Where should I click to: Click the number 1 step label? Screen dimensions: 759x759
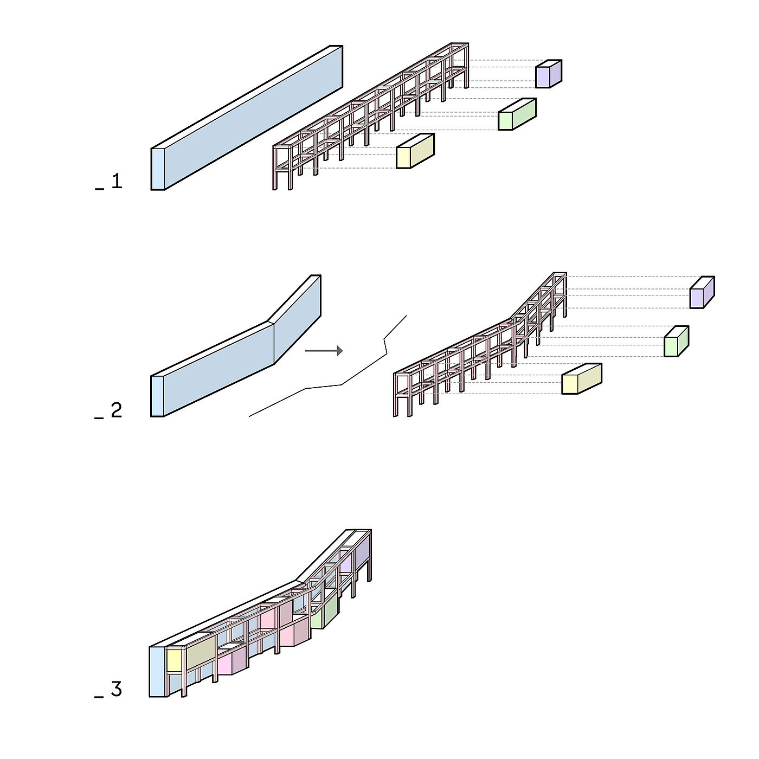[117, 181]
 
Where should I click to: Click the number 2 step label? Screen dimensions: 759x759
[117, 410]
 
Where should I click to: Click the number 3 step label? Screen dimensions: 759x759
[116, 689]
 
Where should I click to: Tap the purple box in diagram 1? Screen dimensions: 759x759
[548, 74]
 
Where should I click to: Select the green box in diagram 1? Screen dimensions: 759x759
[517, 114]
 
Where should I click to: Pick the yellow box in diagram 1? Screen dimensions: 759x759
[415, 151]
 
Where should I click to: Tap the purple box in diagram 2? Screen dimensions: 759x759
[702, 292]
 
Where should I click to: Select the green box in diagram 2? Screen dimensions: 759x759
[676, 341]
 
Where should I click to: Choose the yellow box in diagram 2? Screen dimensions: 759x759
[581, 378]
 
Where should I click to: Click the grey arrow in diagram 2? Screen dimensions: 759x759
[324, 351]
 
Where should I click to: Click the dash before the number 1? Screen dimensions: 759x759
[100, 189]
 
